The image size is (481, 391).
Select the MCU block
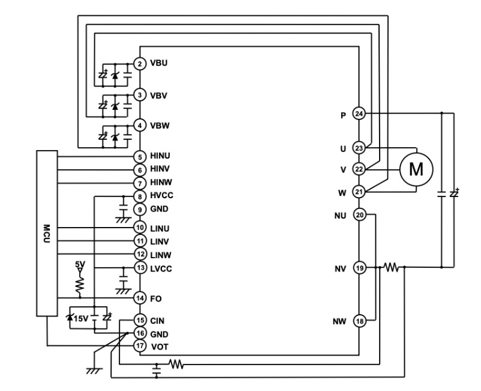[x=47, y=234]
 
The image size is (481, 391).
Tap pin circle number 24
[x=359, y=114]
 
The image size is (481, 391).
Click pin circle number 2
[x=140, y=64]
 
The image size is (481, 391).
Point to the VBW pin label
[x=160, y=126]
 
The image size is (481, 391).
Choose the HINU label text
[x=160, y=156]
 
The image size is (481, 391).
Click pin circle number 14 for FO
[x=140, y=298]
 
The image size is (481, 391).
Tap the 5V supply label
[x=80, y=264]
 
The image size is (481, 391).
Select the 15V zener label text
[x=81, y=318]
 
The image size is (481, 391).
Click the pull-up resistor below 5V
[x=80, y=284]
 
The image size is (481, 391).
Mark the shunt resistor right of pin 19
[x=392, y=267]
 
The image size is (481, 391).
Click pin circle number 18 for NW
[x=359, y=321]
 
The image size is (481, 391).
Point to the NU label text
[x=340, y=216]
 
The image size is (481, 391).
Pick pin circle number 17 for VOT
[x=140, y=346]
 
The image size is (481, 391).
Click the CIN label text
[x=157, y=321]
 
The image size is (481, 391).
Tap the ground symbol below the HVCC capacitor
[x=124, y=220]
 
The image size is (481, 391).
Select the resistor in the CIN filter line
[x=176, y=365]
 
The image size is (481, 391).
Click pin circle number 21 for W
[x=359, y=192]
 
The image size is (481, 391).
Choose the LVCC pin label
[x=161, y=268]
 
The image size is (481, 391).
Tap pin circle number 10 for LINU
[x=140, y=228]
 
